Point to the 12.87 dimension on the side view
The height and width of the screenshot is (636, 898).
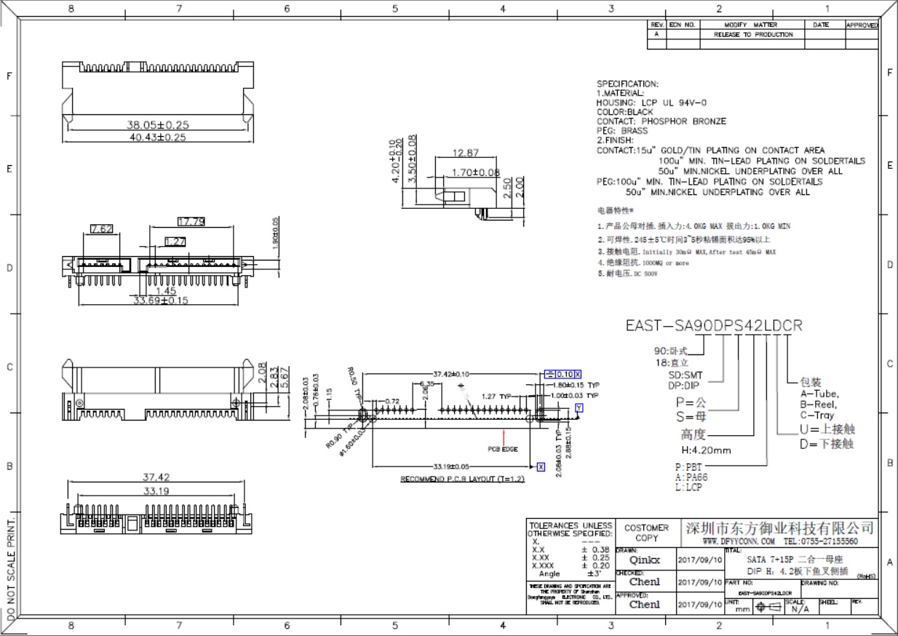click(x=466, y=154)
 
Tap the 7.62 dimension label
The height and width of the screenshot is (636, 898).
click(x=101, y=229)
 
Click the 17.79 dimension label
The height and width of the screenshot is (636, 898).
click(x=191, y=222)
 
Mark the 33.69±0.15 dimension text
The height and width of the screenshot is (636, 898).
click(x=161, y=300)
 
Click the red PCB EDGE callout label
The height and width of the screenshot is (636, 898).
click(x=502, y=449)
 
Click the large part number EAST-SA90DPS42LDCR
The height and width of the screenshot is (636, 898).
click(x=714, y=325)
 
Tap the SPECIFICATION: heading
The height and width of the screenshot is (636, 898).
click(x=627, y=84)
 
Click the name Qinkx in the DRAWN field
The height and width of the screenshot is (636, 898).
click(x=644, y=560)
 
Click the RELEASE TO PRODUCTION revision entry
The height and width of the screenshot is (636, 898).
click(x=753, y=34)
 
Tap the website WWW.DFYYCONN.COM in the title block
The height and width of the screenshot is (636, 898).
click(x=739, y=541)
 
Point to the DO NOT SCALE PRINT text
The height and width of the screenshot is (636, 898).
click(x=9, y=572)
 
